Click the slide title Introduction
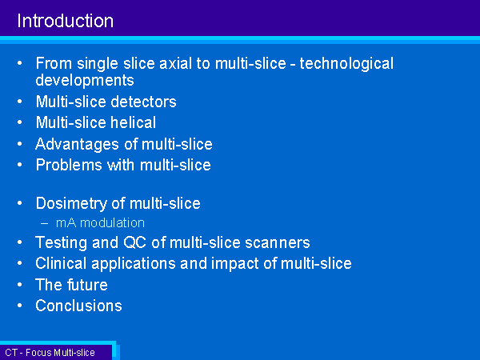(66, 21)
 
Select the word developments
(85, 81)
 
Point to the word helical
(133, 122)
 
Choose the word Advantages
(77, 145)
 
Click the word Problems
(69, 165)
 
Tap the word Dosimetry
(71, 204)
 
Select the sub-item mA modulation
(100, 223)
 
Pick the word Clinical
(61, 263)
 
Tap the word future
(87, 285)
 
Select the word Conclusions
(78, 306)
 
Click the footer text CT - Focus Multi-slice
(50, 353)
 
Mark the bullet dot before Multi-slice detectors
(20, 102)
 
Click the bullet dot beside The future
(20, 284)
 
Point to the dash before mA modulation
(44, 223)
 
